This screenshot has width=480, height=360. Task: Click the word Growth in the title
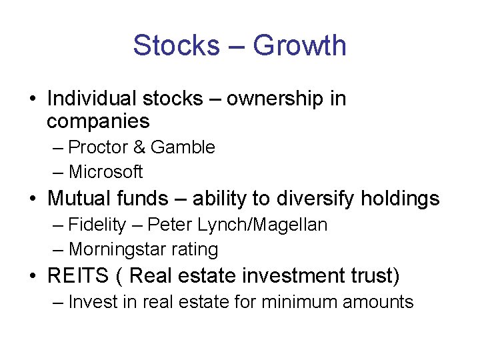[300, 45]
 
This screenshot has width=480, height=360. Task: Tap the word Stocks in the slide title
[175, 45]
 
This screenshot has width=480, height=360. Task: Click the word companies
[98, 121]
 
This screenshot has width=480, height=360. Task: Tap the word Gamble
[183, 147]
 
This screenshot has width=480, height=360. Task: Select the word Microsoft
[105, 171]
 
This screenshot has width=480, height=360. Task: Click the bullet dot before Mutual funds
[33, 199]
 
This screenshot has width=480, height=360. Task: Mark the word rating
[193, 249]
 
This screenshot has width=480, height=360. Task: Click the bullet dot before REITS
[33, 275]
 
